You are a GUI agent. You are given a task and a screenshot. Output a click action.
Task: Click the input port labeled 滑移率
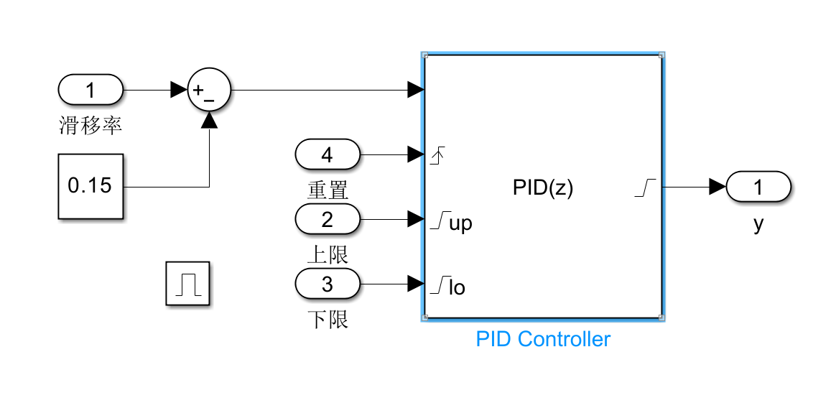[x=90, y=91]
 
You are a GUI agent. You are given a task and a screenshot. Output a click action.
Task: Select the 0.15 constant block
[x=90, y=186]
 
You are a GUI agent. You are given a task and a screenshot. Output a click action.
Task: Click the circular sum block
[x=208, y=91]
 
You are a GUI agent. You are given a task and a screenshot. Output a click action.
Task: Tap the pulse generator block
[x=187, y=284]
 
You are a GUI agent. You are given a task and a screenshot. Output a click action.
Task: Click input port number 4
[x=327, y=154]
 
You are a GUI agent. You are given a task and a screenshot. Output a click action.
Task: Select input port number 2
[x=327, y=218]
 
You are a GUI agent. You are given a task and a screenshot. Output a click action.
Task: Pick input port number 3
[x=327, y=284]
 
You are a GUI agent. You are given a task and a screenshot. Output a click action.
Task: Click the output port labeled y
[x=758, y=187]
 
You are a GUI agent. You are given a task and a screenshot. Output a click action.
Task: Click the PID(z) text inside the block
[x=543, y=188]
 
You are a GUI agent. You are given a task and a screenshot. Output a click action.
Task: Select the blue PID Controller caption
[x=543, y=339]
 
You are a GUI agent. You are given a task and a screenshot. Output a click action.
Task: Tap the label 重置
[x=328, y=190]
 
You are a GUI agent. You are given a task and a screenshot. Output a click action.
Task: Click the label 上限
[x=328, y=254]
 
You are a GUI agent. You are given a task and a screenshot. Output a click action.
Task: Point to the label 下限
[x=328, y=319]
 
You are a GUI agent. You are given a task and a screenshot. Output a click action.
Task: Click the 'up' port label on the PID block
[x=460, y=223]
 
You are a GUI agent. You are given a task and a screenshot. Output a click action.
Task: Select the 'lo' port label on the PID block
[x=457, y=288]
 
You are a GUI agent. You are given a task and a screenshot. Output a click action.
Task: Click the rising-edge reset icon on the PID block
[x=437, y=154]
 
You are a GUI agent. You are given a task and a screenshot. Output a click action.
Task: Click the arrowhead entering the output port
[x=717, y=187]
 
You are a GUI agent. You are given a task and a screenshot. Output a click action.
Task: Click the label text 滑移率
[x=90, y=126]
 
